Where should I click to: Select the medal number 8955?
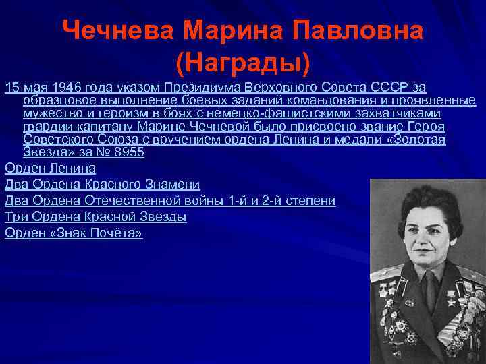[128, 152]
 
